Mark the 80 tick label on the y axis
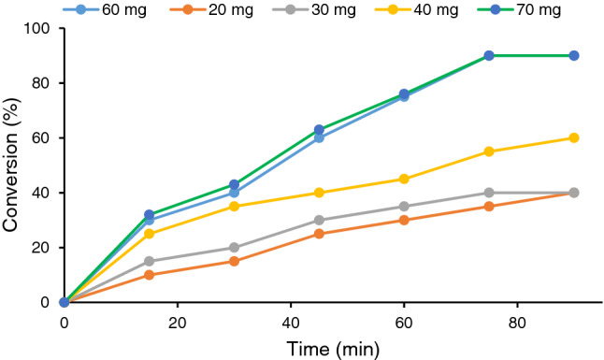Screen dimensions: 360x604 coord(41,83)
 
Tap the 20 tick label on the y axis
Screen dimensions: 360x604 coord(41,248)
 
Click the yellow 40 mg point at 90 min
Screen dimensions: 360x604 coord(574,137)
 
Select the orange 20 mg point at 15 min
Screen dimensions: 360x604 coord(150,275)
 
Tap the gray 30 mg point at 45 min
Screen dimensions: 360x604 coord(319,221)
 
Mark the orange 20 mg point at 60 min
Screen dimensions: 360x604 coord(404,221)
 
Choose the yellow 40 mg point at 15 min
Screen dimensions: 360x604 coord(150,234)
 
